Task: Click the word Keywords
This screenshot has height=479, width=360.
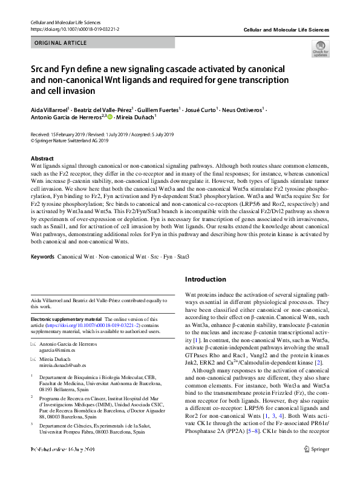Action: point(42,257)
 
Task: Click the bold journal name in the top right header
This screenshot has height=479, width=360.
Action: point(286,29)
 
